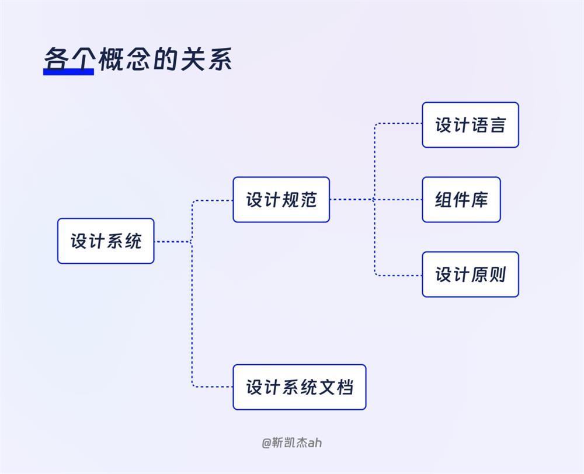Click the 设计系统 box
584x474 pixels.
[x=106, y=241]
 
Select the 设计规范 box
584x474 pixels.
[x=281, y=200]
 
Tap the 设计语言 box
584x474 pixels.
[x=470, y=125]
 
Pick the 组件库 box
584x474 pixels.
[x=461, y=200]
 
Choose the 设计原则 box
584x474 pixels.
[x=470, y=274]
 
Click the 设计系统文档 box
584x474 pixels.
[x=299, y=387]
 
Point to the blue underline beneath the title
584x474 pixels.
[x=68, y=72]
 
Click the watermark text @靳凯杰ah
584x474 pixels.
[x=291, y=442]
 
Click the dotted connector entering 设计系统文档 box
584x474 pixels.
[x=213, y=386]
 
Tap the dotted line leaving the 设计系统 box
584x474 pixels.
[x=172, y=241]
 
